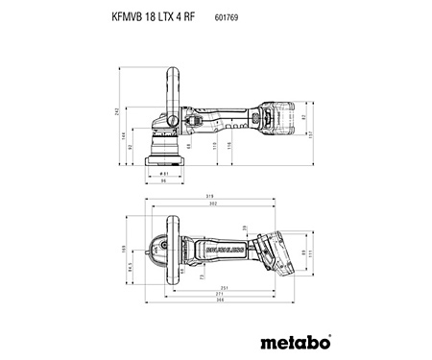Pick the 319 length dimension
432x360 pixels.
[209, 198]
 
